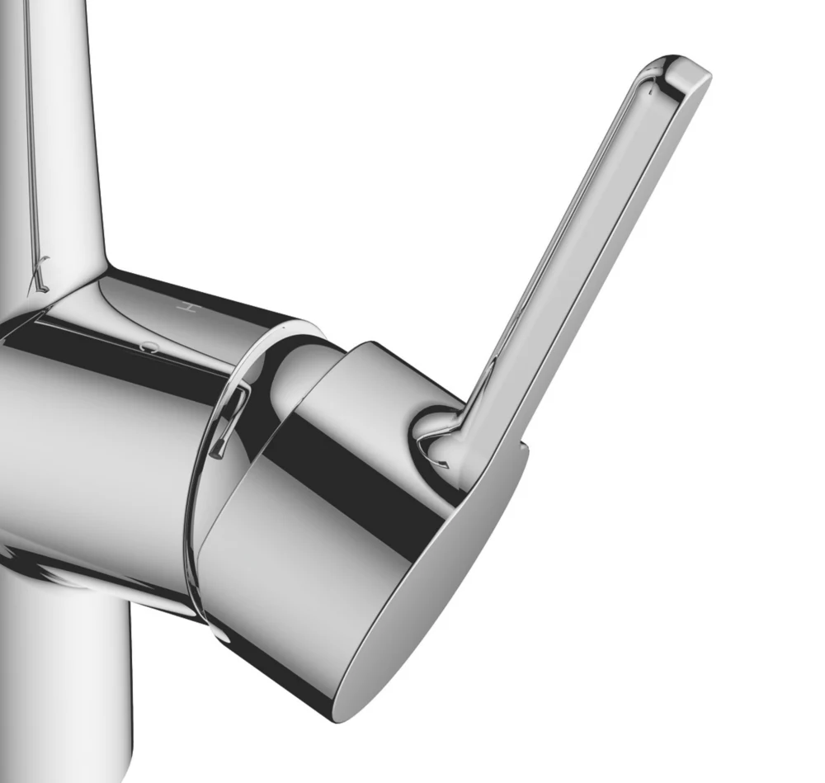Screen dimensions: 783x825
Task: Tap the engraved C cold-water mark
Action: click(x=148, y=347)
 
